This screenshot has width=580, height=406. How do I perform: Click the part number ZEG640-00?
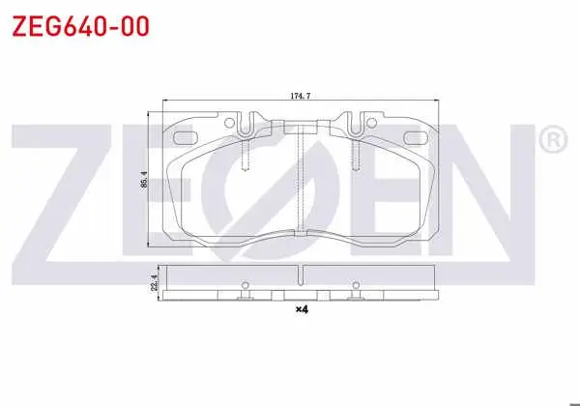(80, 26)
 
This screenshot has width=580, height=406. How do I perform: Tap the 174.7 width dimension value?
(300, 96)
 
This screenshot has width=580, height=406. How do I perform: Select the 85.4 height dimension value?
(144, 179)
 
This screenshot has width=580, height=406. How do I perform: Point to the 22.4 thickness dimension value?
(155, 282)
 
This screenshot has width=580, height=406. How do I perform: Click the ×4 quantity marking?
(302, 309)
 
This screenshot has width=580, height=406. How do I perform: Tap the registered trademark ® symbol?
(553, 139)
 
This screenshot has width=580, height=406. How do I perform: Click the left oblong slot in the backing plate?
(186, 138)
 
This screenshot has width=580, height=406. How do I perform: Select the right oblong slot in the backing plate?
(416, 138)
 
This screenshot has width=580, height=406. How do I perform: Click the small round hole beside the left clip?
(229, 123)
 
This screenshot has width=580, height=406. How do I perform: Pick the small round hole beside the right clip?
(371, 123)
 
